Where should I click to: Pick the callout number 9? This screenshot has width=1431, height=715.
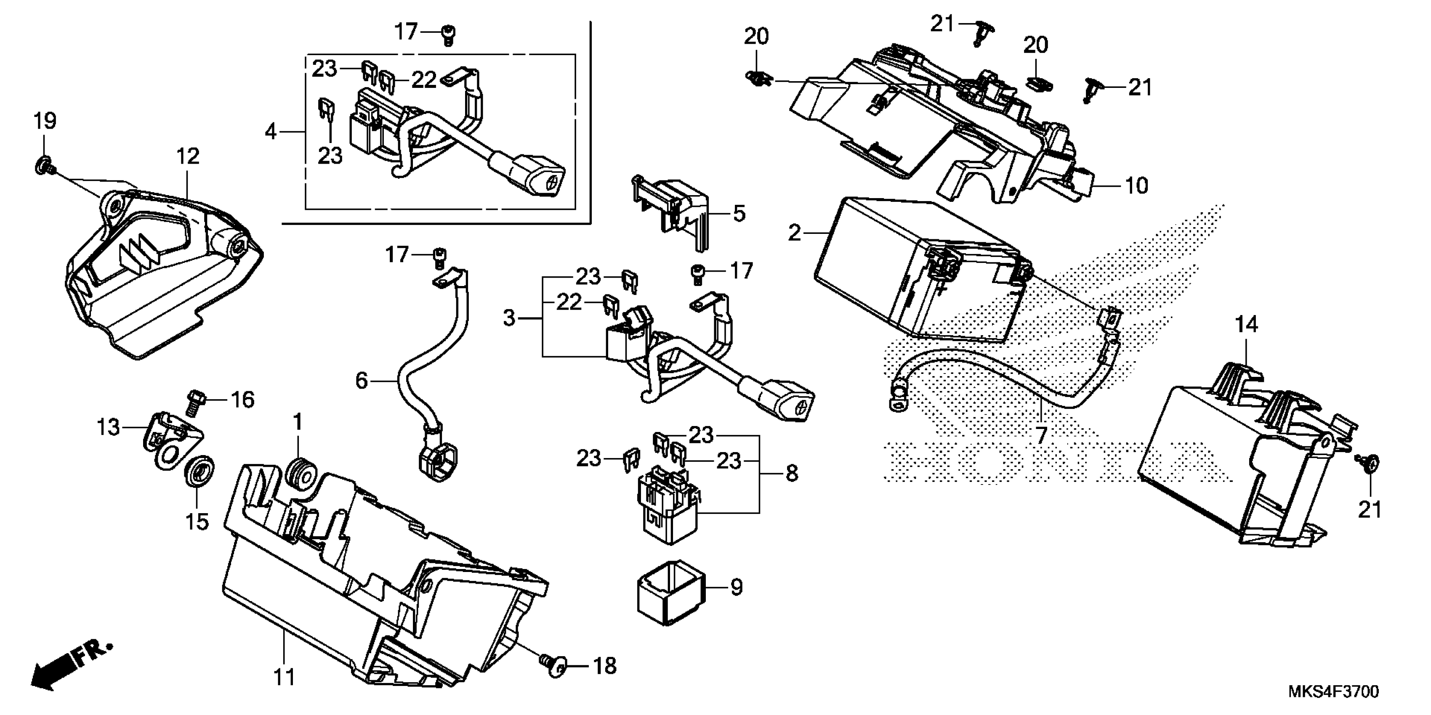pos(736,587)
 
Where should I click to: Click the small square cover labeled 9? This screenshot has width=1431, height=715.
pos(670,593)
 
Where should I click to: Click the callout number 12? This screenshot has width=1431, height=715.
pos(188,156)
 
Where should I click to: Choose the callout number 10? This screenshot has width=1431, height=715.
pos(1136,185)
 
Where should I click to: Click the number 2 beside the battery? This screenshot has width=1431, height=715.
pos(795,233)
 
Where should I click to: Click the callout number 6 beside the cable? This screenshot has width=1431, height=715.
pos(362,381)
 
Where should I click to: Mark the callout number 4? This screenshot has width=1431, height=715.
pos(271,132)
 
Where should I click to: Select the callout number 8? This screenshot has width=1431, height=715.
pos(792,474)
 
